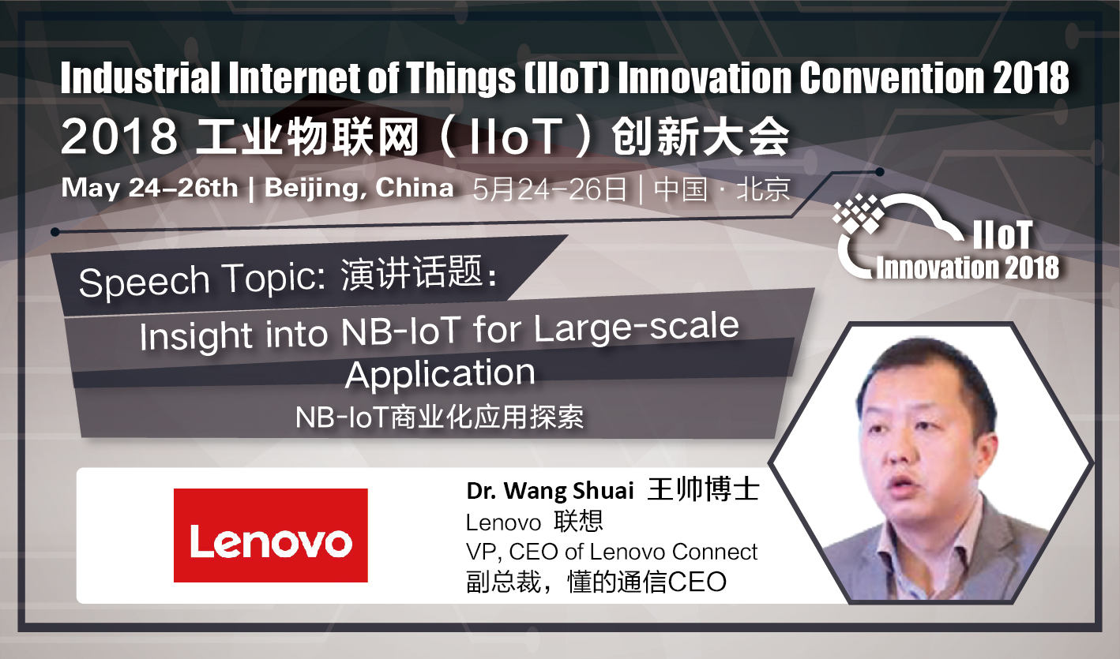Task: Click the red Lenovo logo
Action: [270, 535]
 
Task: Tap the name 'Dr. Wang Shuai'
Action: [550, 491]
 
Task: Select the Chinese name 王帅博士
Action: [704, 489]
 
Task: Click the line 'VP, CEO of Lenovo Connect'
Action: [611, 552]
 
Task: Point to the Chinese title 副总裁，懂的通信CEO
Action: [596, 582]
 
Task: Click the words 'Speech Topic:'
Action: [202, 280]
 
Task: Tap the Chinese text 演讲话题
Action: [412, 273]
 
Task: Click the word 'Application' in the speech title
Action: [440, 374]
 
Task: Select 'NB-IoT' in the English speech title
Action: [400, 331]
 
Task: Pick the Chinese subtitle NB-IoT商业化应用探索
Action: [439, 417]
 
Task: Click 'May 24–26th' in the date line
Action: [149, 189]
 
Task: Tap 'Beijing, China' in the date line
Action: [359, 189]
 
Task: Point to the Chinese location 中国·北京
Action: [722, 189]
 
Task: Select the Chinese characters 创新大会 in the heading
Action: [701, 137]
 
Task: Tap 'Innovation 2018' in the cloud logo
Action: [968, 268]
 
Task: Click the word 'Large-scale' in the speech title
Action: [636, 328]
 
